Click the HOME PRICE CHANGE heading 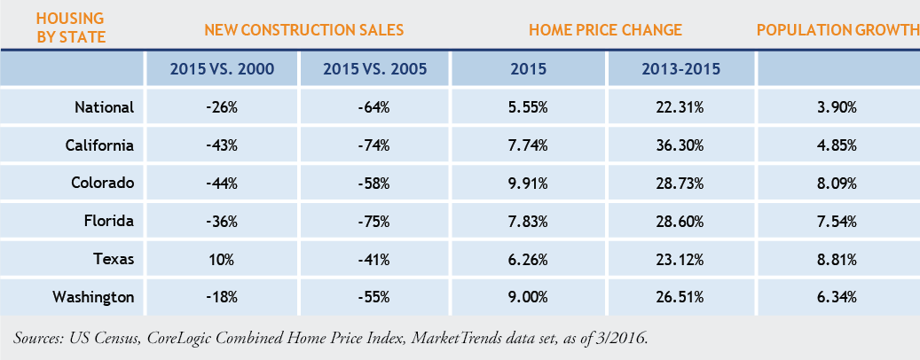pos(605,29)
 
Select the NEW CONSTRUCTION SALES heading pos(304,29)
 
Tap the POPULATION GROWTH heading pos(837,29)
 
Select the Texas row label pos(114,259)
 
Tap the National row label pos(104,107)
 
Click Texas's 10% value pos(221,259)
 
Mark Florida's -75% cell pos(375,221)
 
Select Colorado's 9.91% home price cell pos(529,183)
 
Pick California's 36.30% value pos(682,145)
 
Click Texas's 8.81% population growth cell pos(837,259)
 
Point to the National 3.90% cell pos(837,107)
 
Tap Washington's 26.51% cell pos(682,297)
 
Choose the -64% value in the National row pos(375,107)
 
